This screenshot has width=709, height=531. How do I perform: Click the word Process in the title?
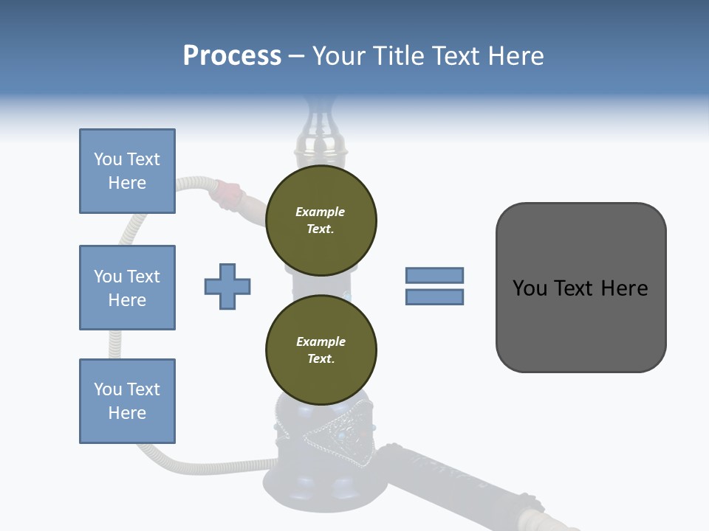click(232, 55)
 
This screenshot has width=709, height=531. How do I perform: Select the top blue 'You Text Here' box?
click(127, 171)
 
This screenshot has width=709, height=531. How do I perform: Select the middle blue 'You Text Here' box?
click(127, 288)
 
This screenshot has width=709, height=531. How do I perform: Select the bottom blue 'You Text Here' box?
click(127, 401)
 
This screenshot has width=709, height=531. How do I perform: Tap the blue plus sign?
click(227, 286)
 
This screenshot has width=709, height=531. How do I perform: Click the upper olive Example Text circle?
click(321, 221)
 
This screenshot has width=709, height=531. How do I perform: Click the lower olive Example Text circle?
click(321, 350)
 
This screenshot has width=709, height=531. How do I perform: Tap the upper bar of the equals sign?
click(434, 275)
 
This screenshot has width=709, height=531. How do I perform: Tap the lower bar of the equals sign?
click(434, 296)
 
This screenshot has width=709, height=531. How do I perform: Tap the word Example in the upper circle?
click(321, 212)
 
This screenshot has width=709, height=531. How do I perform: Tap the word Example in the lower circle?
click(321, 342)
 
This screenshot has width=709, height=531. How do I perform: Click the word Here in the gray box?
click(624, 288)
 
